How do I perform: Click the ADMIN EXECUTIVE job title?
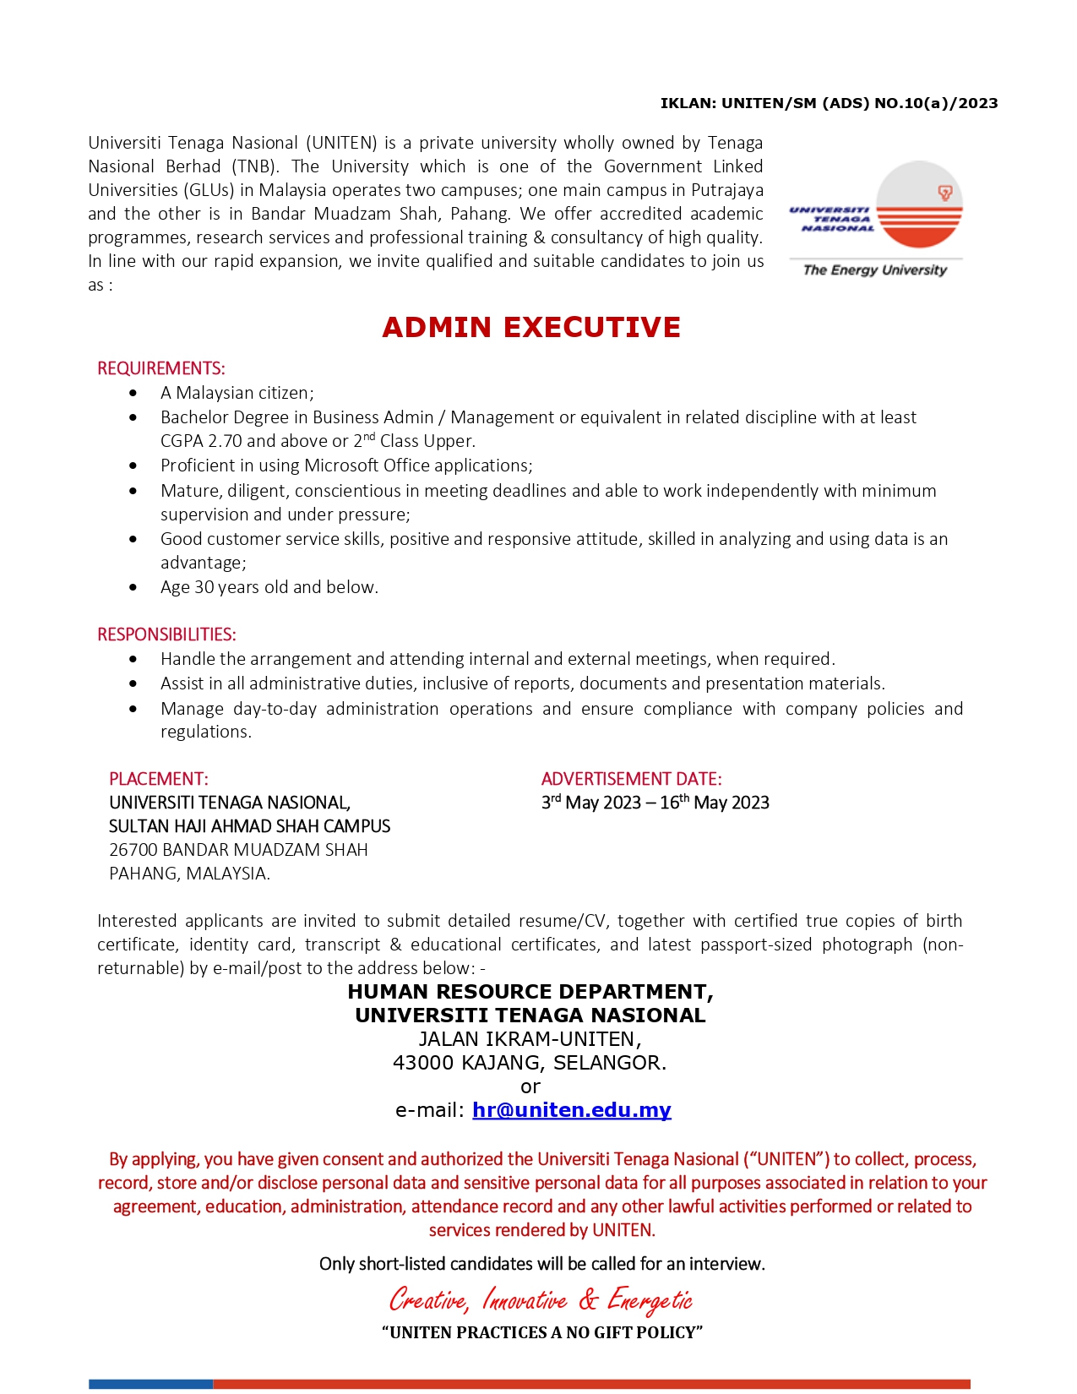pyautogui.click(x=530, y=328)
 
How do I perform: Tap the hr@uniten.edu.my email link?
pyautogui.click(x=571, y=1110)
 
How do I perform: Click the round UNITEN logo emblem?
pyautogui.click(x=919, y=204)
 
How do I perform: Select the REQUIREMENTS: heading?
pyautogui.click(x=161, y=368)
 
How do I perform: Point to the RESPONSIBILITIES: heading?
pyautogui.click(x=166, y=634)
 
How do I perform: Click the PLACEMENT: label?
pyautogui.click(x=158, y=779)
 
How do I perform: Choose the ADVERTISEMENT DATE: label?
pyautogui.click(x=631, y=779)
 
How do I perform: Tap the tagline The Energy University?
pyautogui.click(x=874, y=270)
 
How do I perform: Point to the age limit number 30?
pyautogui.click(x=204, y=587)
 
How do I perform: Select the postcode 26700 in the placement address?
pyautogui.click(x=133, y=850)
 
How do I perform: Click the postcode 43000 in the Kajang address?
pyautogui.click(x=423, y=1063)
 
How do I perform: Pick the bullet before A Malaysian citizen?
pyautogui.click(x=133, y=393)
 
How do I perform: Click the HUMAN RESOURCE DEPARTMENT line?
pyautogui.click(x=530, y=992)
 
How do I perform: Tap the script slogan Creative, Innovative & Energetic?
pyautogui.click(x=541, y=1299)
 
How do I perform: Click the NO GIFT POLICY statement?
pyautogui.click(x=541, y=1332)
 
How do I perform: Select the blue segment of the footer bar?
pyautogui.click(x=150, y=1384)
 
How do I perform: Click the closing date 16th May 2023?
pyautogui.click(x=715, y=803)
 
